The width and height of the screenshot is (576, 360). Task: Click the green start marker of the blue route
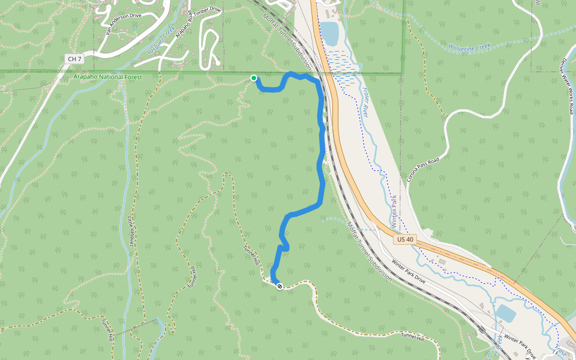(254, 78)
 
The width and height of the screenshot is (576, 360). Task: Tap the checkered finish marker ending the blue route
(279, 286)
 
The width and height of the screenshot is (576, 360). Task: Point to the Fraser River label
(365, 102)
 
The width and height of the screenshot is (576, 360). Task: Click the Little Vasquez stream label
(130, 231)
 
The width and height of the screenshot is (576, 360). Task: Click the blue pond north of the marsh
(329, 33)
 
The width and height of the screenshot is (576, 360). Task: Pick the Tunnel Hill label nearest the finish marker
(251, 256)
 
